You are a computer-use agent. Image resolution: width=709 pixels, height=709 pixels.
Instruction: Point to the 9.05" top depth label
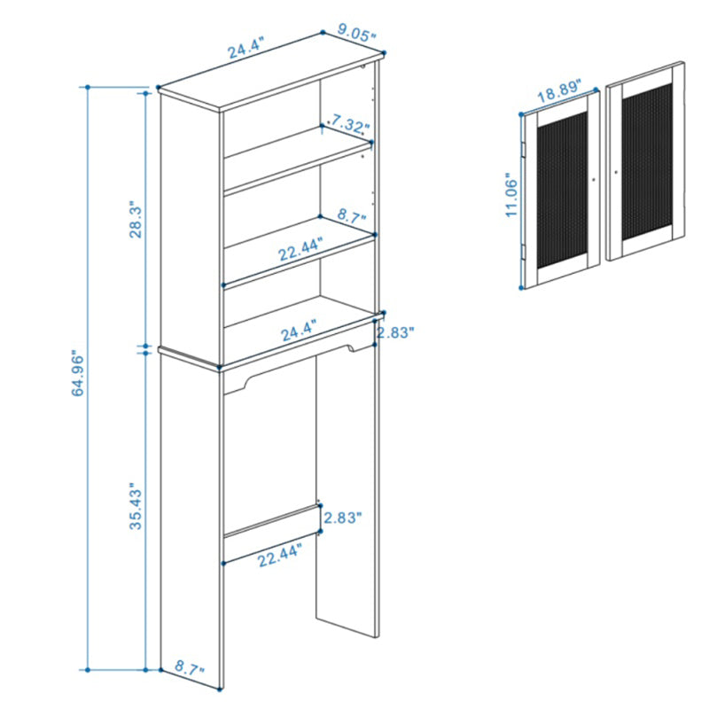click(x=357, y=34)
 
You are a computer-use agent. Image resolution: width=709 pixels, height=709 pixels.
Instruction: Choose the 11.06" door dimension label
click(x=511, y=195)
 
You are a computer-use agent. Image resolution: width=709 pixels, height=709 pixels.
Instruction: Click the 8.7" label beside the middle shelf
click(x=351, y=216)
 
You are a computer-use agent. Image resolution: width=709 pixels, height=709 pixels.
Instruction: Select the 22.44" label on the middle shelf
click(x=300, y=249)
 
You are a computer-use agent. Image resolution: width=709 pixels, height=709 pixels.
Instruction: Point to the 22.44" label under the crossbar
click(x=279, y=555)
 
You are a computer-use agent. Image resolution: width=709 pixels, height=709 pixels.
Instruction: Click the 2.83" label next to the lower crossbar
click(x=343, y=518)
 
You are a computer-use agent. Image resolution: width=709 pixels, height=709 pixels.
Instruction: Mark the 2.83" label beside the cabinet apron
click(x=395, y=332)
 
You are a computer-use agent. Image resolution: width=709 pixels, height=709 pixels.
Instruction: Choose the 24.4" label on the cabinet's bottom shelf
click(x=299, y=331)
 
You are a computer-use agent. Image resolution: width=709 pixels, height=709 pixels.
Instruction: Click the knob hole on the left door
click(x=594, y=180)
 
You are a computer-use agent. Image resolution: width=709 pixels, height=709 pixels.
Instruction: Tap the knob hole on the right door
click(x=616, y=172)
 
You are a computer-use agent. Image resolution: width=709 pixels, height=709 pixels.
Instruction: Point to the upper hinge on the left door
click(x=523, y=150)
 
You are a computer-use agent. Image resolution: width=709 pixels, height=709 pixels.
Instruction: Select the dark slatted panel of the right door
click(x=647, y=162)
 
